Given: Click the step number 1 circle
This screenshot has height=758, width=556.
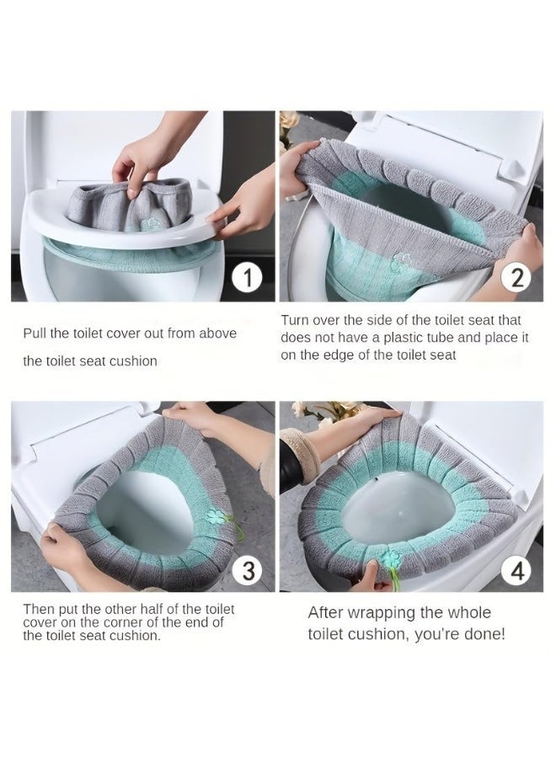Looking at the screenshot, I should [247, 278].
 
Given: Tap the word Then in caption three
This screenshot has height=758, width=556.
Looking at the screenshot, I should [38, 609].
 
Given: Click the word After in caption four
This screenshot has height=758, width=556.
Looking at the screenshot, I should [327, 613].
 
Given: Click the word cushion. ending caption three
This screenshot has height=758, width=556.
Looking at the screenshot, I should [135, 636].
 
